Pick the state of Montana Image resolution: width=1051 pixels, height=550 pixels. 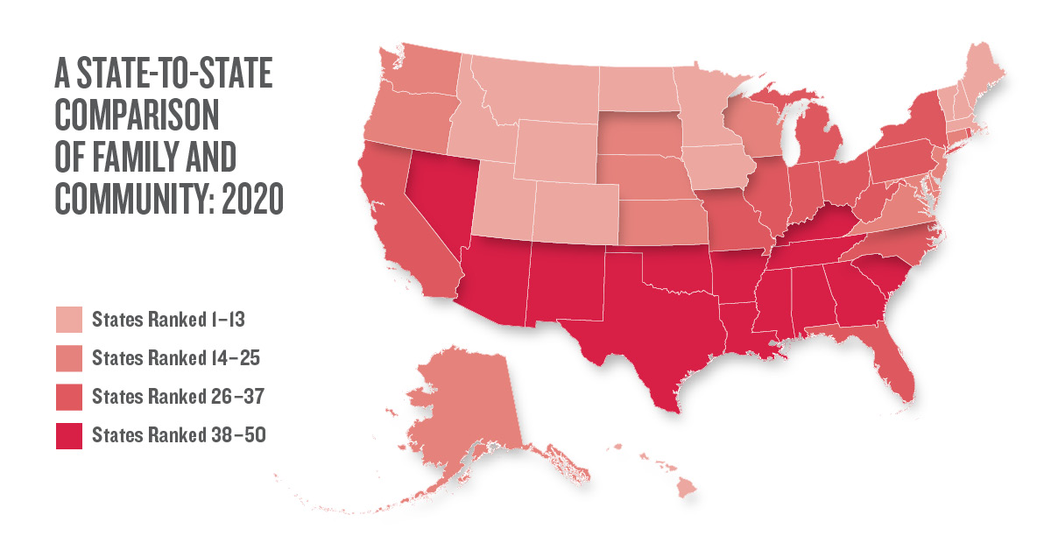[x=534, y=96]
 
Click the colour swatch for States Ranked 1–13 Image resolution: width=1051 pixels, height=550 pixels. [x=69, y=320]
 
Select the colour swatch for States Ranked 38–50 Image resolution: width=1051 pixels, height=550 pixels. [x=69, y=435]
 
